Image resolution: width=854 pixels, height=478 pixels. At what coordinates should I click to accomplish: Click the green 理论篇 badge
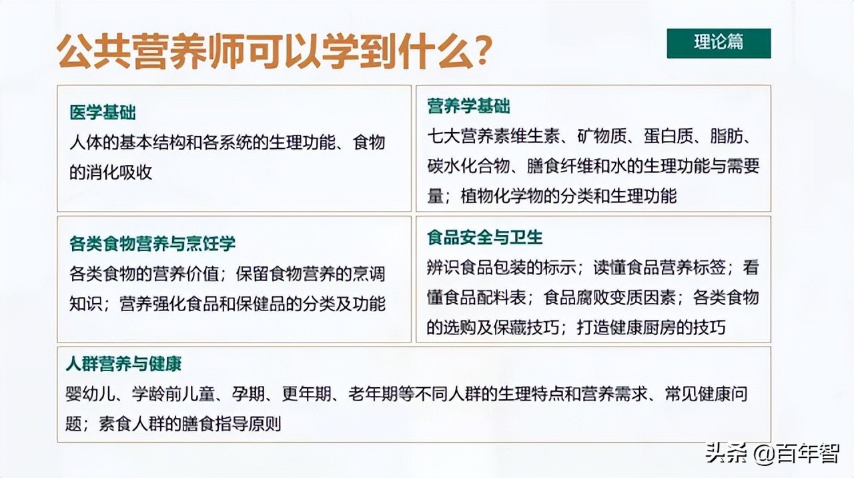pyautogui.click(x=719, y=43)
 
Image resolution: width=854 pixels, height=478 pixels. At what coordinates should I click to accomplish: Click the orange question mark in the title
pyautogui.click(x=482, y=51)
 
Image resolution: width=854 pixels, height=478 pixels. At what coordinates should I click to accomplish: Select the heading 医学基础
pyautogui.click(x=103, y=112)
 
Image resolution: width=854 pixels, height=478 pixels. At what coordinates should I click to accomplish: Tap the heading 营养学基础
pyautogui.click(x=468, y=106)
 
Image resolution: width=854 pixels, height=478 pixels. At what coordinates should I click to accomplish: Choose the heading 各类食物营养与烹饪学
pyautogui.click(x=153, y=244)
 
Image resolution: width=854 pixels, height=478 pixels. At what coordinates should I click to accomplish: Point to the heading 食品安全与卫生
pyautogui.click(x=485, y=237)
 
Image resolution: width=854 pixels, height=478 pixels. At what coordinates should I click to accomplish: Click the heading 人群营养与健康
pyautogui.click(x=124, y=364)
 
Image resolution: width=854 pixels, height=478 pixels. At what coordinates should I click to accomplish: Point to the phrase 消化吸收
pyautogui.click(x=119, y=172)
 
